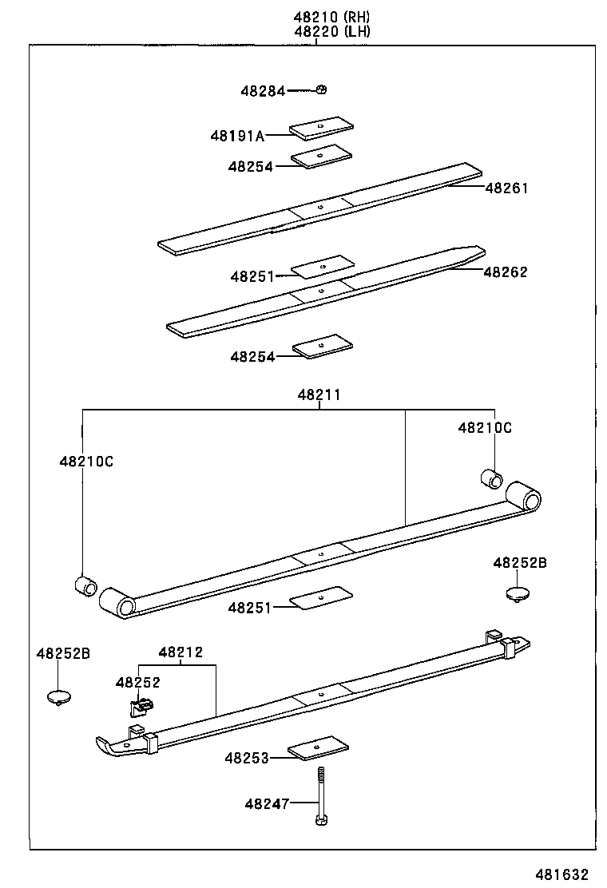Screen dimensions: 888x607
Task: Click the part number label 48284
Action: click(262, 91)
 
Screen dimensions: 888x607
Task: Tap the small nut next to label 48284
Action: click(320, 89)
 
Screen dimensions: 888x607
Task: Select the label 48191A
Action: click(236, 136)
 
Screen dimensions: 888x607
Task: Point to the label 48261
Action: click(506, 188)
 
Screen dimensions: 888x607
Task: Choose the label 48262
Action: click(505, 272)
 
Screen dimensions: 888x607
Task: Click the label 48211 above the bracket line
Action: click(319, 394)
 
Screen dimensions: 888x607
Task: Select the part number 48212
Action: click(180, 652)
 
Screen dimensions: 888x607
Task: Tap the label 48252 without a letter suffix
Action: click(137, 682)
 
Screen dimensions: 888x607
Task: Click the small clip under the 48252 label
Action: click(141, 706)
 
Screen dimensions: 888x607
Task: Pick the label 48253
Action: click(246, 757)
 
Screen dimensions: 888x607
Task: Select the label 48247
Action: click(266, 803)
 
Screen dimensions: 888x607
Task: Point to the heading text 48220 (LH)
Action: click(331, 32)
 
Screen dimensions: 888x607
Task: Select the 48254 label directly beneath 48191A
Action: click(250, 166)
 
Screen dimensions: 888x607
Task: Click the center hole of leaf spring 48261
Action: click(320, 206)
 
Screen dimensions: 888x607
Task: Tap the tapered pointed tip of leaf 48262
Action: click(479, 249)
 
